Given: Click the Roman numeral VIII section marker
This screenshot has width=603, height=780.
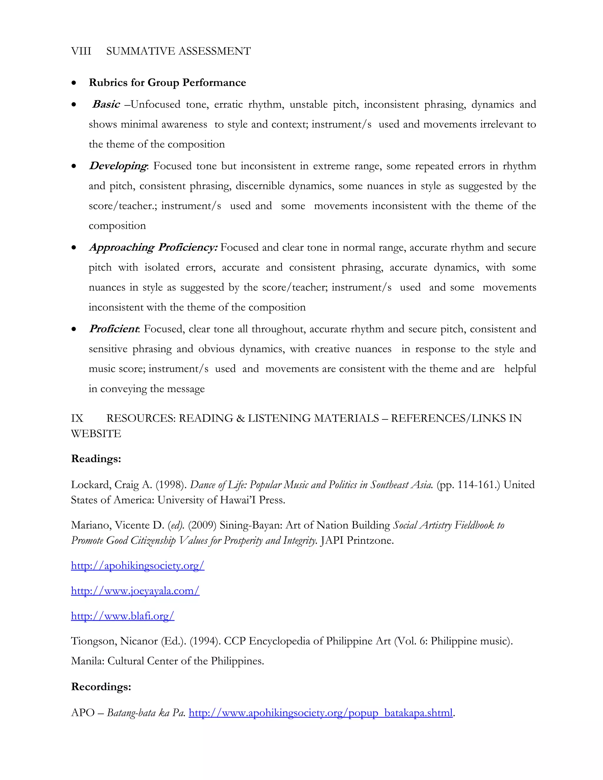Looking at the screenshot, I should [x=81, y=52].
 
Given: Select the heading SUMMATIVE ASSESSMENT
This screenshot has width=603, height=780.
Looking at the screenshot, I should [x=178, y=52].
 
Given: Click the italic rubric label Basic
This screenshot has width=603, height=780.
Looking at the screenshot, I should [x=106, y=104].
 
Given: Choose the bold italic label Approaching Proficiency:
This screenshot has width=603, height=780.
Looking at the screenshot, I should [x=153, y=248].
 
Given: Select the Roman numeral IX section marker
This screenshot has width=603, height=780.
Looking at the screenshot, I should [x=77, y=418].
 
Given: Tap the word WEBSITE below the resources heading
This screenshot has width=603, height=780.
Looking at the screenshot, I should [x=96, y=434].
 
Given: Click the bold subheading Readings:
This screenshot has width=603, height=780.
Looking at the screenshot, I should [x=96, y=459].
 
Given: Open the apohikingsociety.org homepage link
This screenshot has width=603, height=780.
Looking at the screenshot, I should [x=138, y=566].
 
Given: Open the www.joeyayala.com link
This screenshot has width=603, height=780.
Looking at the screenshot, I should [x=135, y=591].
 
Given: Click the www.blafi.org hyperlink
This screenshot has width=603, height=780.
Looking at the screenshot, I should [x=122, y=616].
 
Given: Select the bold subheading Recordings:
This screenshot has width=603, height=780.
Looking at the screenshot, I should [x=101, y=686].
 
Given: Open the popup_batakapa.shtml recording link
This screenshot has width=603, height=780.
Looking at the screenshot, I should [x=320, y=713].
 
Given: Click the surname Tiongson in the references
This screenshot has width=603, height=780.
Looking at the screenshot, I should [x=94, y=641].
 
